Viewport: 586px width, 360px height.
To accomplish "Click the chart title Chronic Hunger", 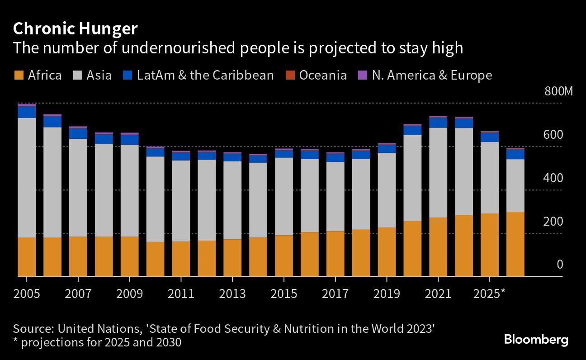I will pyautogui.click(x=75, y=29).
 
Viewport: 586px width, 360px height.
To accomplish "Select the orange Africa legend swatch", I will pyautogui.click(x=19, y=75).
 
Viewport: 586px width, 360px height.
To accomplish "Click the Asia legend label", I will pyautogui.click(x=99, y=75).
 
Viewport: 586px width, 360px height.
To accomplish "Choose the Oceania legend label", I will pyautogui.click(x=323, y=75).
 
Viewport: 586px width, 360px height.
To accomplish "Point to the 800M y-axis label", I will pyautogui.click(x=558, y=92).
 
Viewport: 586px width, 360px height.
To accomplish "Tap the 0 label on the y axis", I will pyautogui.click(x=560, y=265).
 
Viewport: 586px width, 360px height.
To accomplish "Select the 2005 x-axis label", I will pyautogui.click(x=27, y=294).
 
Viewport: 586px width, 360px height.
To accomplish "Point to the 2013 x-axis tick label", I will pyautogui.click(x=232, y=294).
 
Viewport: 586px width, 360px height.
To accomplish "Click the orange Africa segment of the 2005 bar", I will pyautogui.click(x=27, y=257).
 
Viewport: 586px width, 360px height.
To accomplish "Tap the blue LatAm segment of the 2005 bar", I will pyautogui.click(x=27, y=112).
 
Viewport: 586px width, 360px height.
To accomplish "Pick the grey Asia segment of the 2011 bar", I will pyautogui.click(x=181, y=201).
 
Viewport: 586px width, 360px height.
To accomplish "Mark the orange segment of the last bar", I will pyautogui.click(x=515, y=244).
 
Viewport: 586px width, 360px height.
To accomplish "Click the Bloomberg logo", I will pyautogui.click(x=536, y=340).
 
